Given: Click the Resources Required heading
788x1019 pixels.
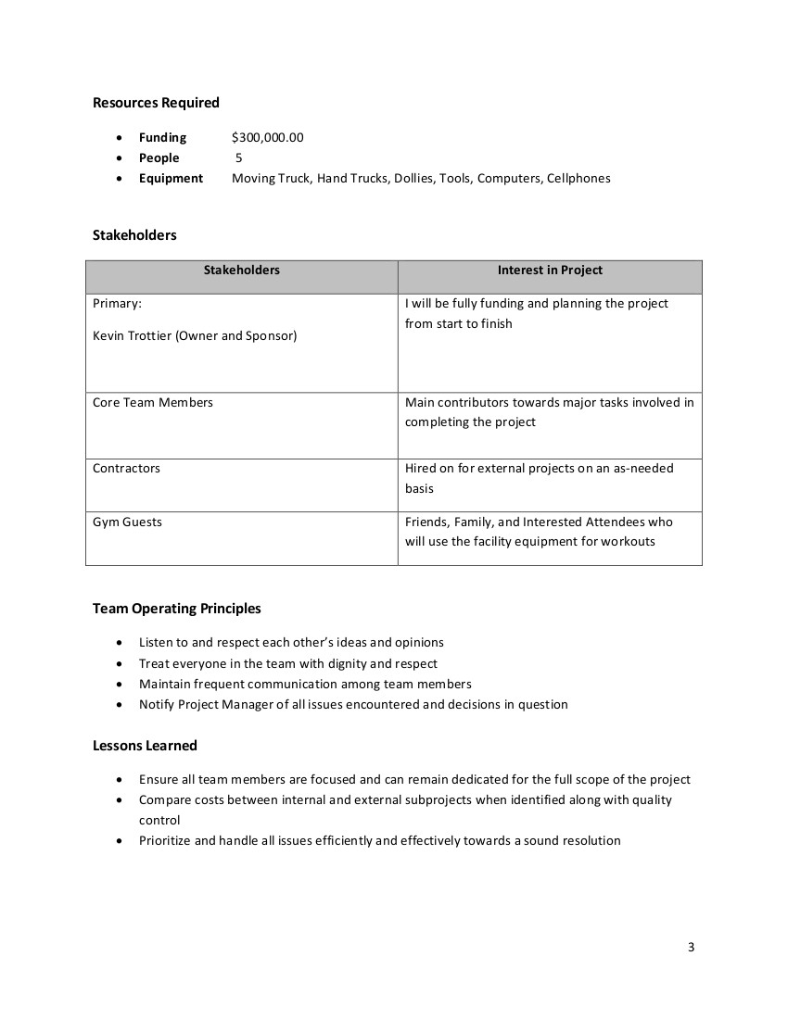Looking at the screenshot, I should (156, 103).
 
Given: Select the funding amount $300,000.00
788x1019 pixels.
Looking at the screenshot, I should (268, 138).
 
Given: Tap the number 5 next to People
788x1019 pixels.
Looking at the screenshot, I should (239, 158).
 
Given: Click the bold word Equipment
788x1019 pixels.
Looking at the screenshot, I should (171, 179).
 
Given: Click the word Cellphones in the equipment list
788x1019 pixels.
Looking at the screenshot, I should (578, 179).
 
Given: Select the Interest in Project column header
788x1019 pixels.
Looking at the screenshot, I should (550, 270).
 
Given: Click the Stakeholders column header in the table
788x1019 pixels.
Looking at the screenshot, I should (241, 270).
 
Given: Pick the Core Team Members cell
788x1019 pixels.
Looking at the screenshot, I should (153, 403).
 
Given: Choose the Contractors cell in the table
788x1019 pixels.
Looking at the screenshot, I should (126, 469).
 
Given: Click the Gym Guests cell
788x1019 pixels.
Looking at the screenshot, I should (127, 522).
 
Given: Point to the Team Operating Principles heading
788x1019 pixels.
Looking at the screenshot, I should (177, 609).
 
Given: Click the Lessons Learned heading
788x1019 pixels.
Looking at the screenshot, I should (145, 746).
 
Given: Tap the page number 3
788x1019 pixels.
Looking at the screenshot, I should (692, 948).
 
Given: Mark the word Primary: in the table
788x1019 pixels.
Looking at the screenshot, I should (117, 304).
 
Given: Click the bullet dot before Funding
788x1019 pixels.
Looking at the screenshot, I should (120, 138).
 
